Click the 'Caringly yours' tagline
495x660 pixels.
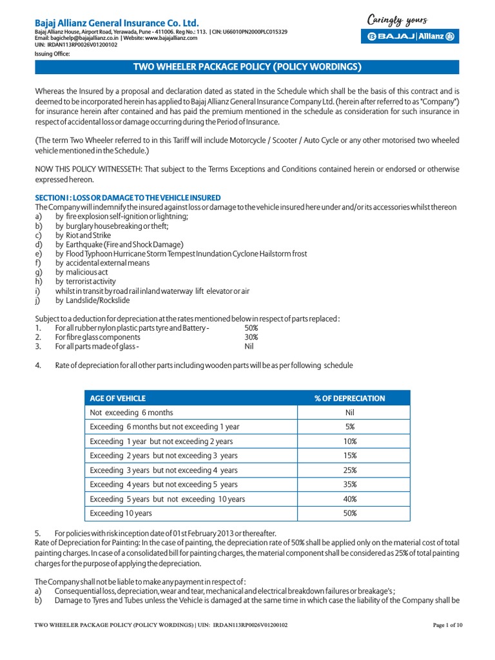pos(397,20)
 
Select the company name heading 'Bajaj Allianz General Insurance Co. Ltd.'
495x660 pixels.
pos(117,23)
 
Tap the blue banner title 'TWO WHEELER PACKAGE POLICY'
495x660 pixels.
pos(247,67)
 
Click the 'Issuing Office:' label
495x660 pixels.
pos(52,54)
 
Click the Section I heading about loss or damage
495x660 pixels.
pos(128,197)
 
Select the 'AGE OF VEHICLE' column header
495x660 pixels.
pos(118,398)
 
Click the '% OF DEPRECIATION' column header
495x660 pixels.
pos(350,398)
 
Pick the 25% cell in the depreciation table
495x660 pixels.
pos(350,471)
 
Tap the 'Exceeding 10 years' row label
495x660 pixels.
pos(121,513)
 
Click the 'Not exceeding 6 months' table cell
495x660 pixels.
pos(131,412)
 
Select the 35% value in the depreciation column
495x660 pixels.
pos(350,485)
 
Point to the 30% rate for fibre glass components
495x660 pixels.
pos(251,337)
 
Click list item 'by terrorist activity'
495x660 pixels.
pos(86,282)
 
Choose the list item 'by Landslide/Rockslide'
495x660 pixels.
pos(92,300)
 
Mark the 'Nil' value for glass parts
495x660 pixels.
pos(249,346)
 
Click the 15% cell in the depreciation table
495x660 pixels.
pos(350,456)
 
